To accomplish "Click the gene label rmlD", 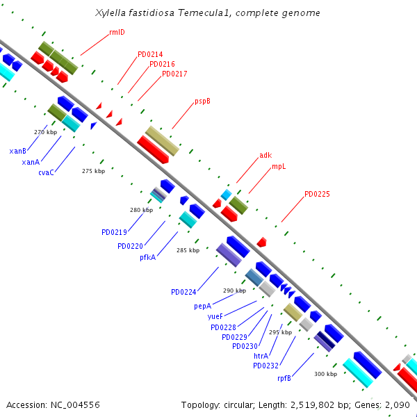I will coord(117,32).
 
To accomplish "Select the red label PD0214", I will coord(150,54).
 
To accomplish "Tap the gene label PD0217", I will coord(174,74).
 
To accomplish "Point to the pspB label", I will coord(202,101).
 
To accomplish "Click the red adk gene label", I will coord(265,156).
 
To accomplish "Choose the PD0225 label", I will coord(317,195).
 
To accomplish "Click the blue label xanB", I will coord(18,151).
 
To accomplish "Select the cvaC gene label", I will coord(47,173).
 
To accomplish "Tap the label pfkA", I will coord(147,257).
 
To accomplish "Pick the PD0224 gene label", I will coord(183,292).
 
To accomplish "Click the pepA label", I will coord(202,306).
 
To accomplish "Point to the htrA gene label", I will coord(261,355).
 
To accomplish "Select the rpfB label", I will coord(284,378).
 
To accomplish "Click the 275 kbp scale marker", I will coord(93,171).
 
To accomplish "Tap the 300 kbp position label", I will coord(325,374).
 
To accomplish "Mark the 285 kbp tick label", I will coord(188,250).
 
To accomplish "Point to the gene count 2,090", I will coord(399,404).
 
